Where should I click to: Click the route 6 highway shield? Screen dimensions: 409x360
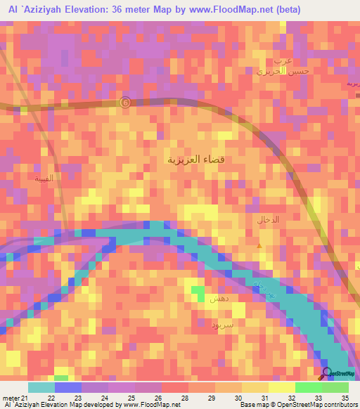(x=125, y=101)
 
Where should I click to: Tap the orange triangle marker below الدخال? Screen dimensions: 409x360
(x=260, y=245)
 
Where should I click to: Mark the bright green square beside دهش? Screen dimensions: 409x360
(x=199, y=290)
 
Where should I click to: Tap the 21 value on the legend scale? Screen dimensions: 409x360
(x=27, y=398)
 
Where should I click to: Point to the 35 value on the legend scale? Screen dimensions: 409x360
(x=345, y=398)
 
